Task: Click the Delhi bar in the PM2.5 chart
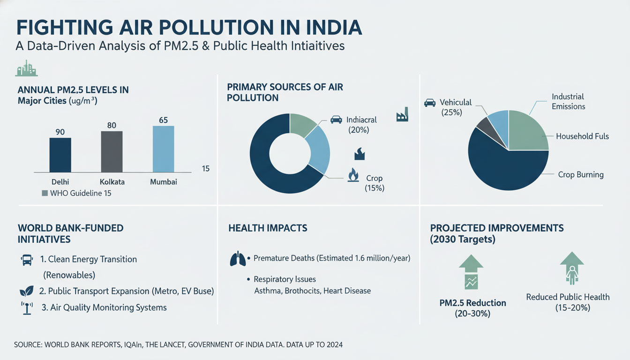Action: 60,155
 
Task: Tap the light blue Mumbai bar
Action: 163,149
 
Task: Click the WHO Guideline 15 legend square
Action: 45,193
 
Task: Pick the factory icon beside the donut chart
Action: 402,115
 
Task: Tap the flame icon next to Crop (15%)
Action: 353,175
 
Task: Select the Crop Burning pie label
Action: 580,174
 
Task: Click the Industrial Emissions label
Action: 568,101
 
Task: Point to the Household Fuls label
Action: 582,136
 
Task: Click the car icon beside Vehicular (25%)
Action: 429,102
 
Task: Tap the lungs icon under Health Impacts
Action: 238,259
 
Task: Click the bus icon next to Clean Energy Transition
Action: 26,259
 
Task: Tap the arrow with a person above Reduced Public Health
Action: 571,268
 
